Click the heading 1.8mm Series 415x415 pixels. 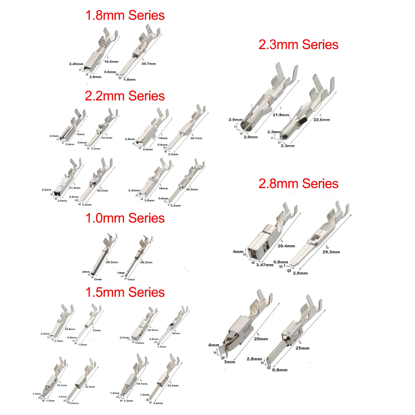point(125,15)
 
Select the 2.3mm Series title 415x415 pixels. point(298,45)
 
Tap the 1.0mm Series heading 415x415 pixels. point(125,218)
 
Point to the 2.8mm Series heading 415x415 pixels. point(298,184)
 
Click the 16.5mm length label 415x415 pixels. point(111,62)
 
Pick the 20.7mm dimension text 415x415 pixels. point(148,64)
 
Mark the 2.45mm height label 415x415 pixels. point(76,64)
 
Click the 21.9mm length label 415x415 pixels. point(281,115)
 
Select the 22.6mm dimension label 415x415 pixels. point(322,120)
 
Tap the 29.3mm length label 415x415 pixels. point(331,252)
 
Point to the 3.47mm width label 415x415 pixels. point(265,265)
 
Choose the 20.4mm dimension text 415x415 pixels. point(286,246)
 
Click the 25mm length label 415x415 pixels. point(302,348)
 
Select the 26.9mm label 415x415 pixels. point(192,189)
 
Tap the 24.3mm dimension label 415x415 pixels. point(107,138)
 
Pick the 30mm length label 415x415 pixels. point(176,333)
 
